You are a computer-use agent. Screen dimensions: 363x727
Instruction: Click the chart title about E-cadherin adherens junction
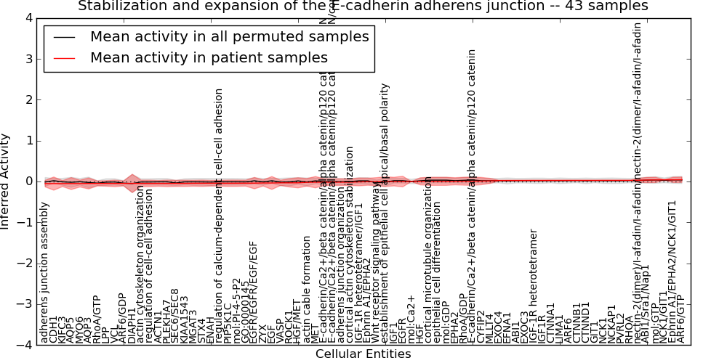[x=363, y=7]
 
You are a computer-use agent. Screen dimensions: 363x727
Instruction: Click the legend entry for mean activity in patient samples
[x=209, y=57]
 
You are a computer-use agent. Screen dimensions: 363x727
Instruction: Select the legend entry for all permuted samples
[x=229, y=36]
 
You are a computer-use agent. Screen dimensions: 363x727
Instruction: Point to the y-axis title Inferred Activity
[x=6, y=181]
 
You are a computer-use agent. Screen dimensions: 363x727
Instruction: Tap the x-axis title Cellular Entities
[x=363, y=354]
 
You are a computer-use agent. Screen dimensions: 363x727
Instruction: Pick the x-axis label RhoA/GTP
[x=97, y=319]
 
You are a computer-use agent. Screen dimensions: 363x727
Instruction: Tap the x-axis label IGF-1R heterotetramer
[x=534, y=286]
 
